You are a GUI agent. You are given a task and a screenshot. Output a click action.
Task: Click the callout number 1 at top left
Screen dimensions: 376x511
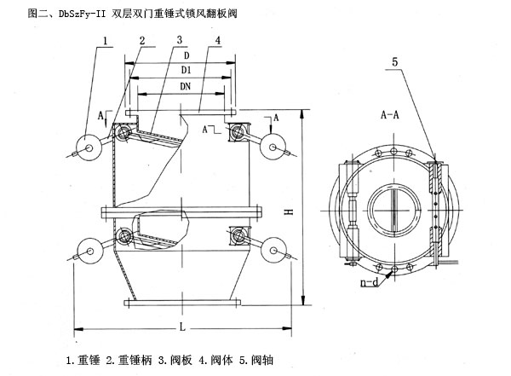click(106, 40)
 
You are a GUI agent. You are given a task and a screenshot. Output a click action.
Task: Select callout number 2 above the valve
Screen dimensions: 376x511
click(141, 40)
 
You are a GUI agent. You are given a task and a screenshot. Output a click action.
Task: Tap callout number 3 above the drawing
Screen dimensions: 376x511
click(181, 40)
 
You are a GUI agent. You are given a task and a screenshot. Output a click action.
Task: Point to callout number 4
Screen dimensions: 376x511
click(219, 40)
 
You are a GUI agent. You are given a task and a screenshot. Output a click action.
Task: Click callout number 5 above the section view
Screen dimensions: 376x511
click(394, 61)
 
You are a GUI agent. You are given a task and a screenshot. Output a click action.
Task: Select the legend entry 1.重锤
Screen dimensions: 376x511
click(84, 361)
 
